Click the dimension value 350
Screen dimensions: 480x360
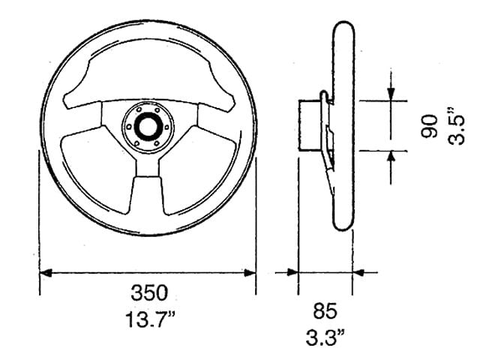pyautogui.click(x=149, y=292)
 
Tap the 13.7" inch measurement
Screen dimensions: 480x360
pyautogui.click(x=150, y=319)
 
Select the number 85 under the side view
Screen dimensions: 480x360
pyautogui.click(x=325, y=310)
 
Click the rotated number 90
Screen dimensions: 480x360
pyautogui.click(x=429, y=126)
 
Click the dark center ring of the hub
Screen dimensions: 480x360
pyautogui.click(x=148, y=125)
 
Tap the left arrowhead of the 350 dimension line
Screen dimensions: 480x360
pyautogui.click(x=46, y=273)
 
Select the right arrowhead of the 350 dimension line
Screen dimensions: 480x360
pyautogui.click(x=250, y=273)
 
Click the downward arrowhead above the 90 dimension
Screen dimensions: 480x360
pyautogui.click(x=391, y=94)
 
